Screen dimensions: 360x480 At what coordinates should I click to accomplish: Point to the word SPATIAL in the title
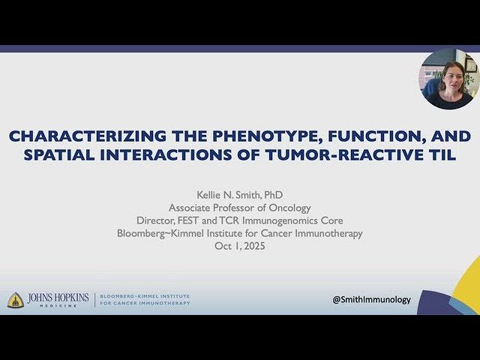(x=86, y=154)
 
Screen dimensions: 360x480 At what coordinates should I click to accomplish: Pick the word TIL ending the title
(x=438, y=154)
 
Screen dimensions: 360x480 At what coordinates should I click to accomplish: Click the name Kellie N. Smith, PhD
(x=240, y=195)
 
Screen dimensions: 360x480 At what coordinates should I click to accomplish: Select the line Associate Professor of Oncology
(x=240, y=208)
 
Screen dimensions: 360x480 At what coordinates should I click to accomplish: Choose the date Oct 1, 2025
(x=240, y=246)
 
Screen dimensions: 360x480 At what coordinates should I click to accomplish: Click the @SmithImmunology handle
(x=372, y=299)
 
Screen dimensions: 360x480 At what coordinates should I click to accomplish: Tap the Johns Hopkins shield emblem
(x=15, y=299)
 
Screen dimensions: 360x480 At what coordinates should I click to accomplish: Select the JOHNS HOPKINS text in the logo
(x=58, y=298)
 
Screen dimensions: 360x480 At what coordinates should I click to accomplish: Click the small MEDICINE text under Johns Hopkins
(x=58, y=306)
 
